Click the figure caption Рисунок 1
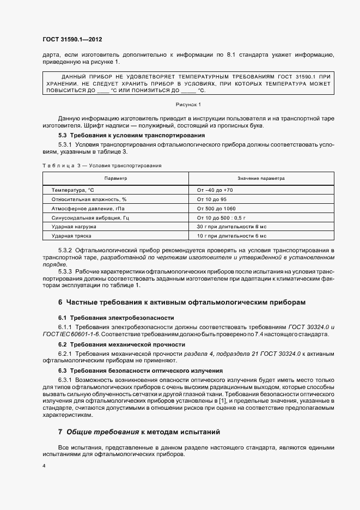(x=188, y=104)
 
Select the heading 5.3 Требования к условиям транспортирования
(x=131, y=135)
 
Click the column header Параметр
(x=115, y=178)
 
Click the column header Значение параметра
(x=260, y=178)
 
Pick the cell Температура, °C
(x=73, y=190)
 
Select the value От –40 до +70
(x=215, y=190)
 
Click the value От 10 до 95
(x=211, y=199)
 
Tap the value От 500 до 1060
(x=216, y=209)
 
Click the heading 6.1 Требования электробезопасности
(x=116, y=317)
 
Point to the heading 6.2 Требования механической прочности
(x=121, y=344)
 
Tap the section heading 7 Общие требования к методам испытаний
(x=139, y=432)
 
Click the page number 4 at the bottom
(x=44, y=467)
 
